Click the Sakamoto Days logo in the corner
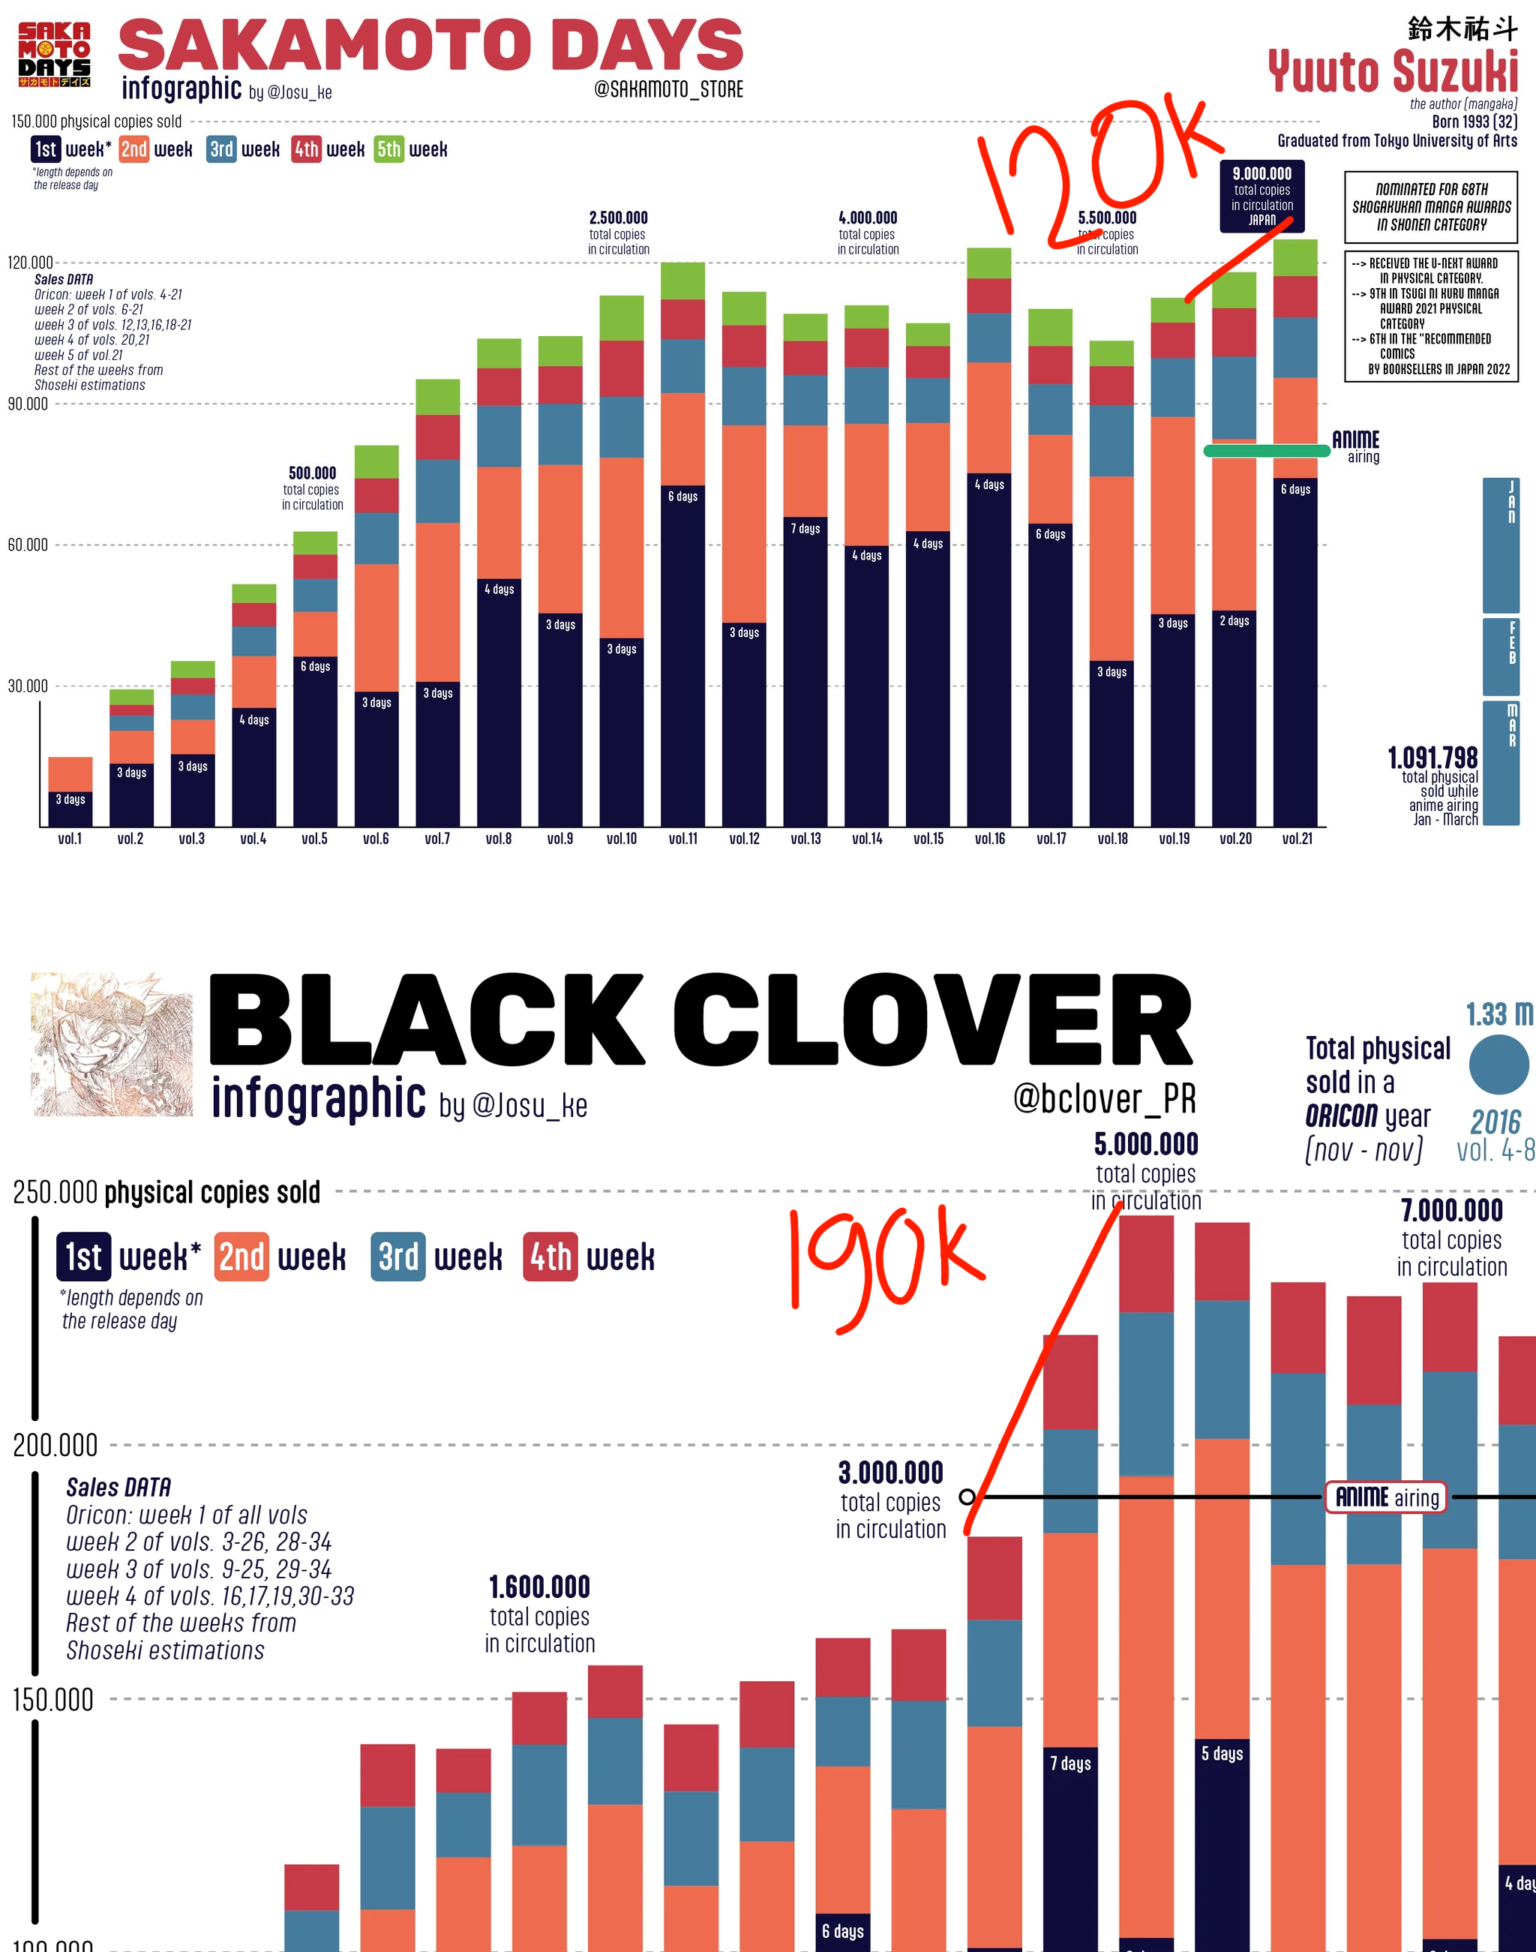pyautogui.click(x=54, y=55)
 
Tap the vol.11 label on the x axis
pyautogui.click(x=682, y=839)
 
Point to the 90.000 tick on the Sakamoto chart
pyautogui.click(x=28, y=404)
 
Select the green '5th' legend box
pyautogui.click(x=388, y=149)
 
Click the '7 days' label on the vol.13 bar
pyautogui.click(x=805, y=528)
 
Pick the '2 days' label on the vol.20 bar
pyautogui.click(x=1234, y=620)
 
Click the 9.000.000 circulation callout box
pyautogui.click(x=1261, y=196)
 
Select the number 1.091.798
pyautogui.click(x=1432, y=758)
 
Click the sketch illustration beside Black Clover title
pyautogui.click(x=112, y=1044)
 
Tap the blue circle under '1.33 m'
pyautogui.click(x=1498, y=1065)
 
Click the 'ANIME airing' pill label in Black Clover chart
pyautogui.click(x=1386, y=1497)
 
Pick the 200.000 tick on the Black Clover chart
pyautogui.click(x=55, y=1446)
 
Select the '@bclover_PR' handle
pyautogui.click(x=1104, y=1098)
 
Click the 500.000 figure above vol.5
pyautogui.click(x=312, y=473)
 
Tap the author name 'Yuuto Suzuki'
pyautogui.click(x=1392, y=72)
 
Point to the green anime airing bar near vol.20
pyautogui.click(x=1266, y=451)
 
